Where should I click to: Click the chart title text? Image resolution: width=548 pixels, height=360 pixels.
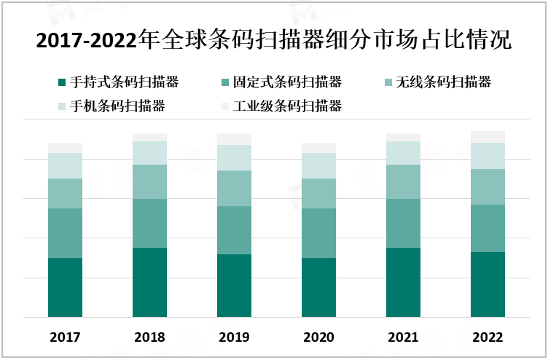[273, 40]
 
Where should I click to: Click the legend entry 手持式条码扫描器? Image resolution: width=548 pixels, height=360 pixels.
[125, 82]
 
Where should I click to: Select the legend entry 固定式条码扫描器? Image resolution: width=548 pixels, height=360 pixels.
[287, 82]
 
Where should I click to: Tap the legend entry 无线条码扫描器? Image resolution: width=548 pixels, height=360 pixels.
[443, 82]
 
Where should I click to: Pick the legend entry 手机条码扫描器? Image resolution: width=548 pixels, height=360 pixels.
[117, 106]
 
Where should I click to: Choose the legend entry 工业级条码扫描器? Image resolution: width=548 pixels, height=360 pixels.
[287, 106]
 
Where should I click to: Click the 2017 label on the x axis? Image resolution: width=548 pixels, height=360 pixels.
[65, 337]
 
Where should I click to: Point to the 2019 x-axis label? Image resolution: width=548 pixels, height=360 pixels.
[234, 337]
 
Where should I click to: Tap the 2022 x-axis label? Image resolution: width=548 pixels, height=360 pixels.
[488, 337]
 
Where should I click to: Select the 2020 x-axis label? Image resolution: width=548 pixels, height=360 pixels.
[318, 337]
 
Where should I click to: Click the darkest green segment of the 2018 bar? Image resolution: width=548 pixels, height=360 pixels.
[149, 283]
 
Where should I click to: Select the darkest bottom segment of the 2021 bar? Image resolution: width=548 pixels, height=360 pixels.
[403, 283]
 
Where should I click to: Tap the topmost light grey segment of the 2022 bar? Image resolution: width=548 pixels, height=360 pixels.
[488, 137]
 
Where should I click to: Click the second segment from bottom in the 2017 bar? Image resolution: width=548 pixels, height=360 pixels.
[65, 233]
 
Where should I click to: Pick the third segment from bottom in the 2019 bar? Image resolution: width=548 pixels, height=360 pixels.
[234, 188]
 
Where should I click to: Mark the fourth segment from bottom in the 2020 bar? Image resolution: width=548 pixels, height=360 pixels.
[318, 165]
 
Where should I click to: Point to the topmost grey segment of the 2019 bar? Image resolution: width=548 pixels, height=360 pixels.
[234, 139]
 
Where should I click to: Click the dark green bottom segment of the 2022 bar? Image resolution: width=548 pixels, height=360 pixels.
[488, 285]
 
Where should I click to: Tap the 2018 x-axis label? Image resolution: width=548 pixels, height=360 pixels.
[149, 337]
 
